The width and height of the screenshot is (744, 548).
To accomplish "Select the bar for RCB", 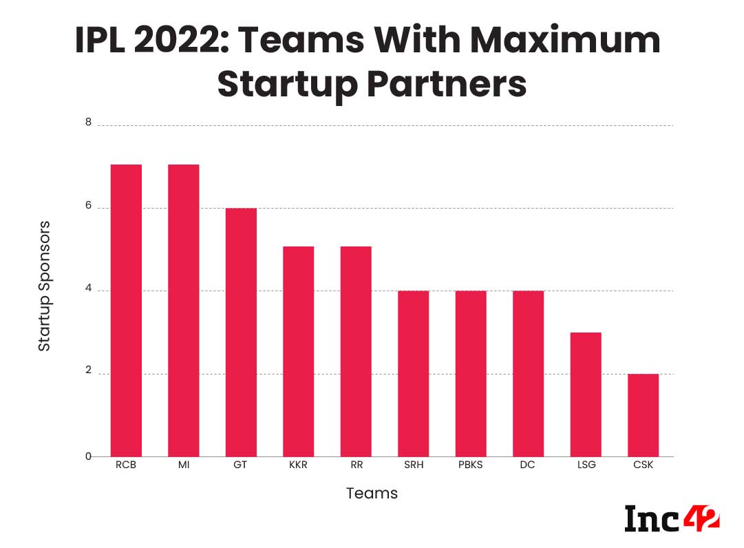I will [126, 310].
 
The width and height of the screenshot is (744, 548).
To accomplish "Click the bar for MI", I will [183, 310].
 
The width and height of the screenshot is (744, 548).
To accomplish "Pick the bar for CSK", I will [643, 415].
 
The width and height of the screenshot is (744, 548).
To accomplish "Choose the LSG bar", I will [586, 394].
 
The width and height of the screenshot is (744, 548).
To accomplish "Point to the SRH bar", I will [413, 374].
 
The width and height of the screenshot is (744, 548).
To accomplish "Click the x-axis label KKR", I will [298, 465].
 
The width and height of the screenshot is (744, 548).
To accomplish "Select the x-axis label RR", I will [356, 465].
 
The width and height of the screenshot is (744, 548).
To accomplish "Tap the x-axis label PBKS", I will [471, 465].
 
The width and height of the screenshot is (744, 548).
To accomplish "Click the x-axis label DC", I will [528, 465].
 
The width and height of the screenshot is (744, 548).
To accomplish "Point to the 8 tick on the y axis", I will [88, 123].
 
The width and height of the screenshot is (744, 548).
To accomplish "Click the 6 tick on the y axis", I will [88, 207].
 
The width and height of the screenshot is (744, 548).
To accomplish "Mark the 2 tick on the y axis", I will [88, 372].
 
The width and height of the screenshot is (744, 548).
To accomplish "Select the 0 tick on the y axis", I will [88, 456].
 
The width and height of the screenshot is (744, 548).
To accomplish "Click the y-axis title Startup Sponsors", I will [44, 286].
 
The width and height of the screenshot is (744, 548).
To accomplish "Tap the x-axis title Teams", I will [372, 494].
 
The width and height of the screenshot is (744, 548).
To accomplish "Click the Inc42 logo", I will [671, 518].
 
